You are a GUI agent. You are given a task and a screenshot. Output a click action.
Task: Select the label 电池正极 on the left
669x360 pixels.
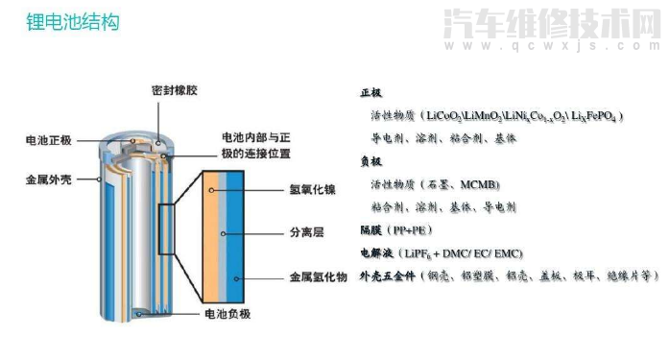tap(49, 142)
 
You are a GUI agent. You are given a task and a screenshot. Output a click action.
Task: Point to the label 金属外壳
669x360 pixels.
tap(49, 178)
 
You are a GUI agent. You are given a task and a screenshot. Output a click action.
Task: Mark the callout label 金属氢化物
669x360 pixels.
tap(318, 277)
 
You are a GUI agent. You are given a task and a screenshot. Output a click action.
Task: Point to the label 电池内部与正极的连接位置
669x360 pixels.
tap(254, 145)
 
